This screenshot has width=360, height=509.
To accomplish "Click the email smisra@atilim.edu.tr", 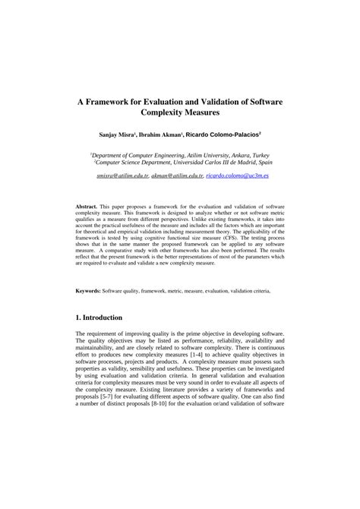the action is coord(122,174).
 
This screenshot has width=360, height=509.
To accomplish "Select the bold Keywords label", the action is coord(90,290).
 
